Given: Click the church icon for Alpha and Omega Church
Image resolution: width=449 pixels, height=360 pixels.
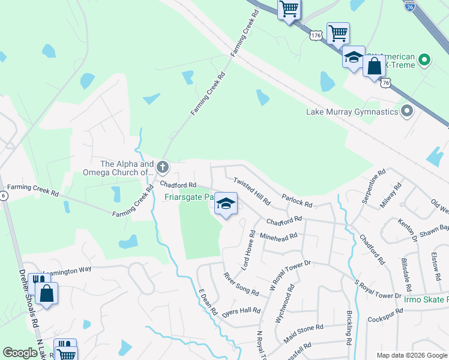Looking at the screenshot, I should [163, 166].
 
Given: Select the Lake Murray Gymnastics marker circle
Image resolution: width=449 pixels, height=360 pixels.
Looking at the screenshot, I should [407, 112].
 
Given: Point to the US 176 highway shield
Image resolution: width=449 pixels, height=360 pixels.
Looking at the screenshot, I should [316, 35].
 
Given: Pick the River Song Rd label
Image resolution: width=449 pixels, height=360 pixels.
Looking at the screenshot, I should [241, 284].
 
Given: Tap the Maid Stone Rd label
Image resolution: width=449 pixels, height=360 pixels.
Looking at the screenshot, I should [303, 335].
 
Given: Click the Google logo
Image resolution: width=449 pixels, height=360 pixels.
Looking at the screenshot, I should [20, 353].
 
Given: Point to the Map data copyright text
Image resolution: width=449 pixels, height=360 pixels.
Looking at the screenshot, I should [411, 355].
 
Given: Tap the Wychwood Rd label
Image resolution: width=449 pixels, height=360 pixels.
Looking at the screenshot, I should [282, 305].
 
